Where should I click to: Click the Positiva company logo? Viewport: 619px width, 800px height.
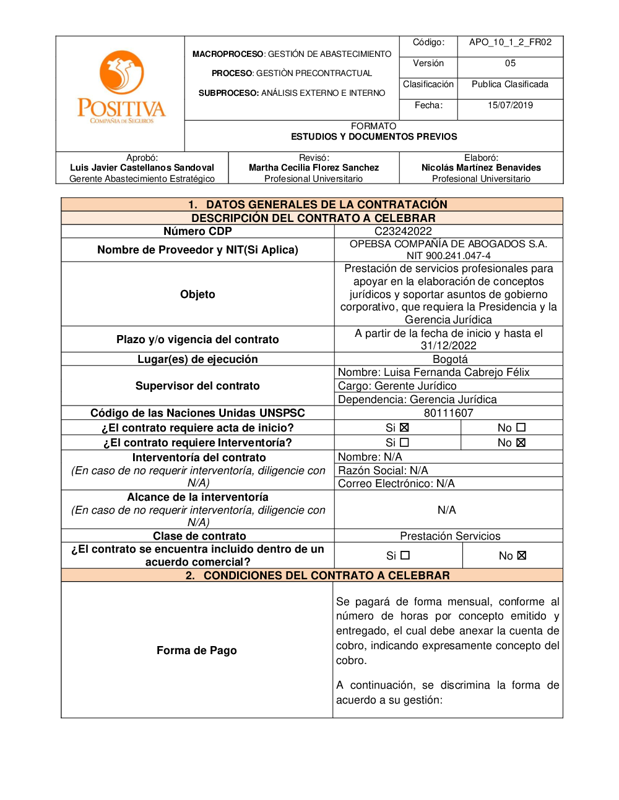point(121,87)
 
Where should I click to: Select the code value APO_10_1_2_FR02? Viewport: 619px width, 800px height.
point(510,42)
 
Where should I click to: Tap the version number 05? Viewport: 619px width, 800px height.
point(510,63)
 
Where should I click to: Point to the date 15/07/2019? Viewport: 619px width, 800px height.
point(510,105)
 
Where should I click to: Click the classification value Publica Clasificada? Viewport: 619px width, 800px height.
point(510,84)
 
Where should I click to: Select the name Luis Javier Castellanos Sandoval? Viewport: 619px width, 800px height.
point(142,168)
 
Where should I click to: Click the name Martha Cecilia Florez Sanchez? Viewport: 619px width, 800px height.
point(314,168)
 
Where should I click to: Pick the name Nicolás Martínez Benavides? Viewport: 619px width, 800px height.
point(481,168)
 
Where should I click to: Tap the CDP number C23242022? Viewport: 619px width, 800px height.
point(403,231)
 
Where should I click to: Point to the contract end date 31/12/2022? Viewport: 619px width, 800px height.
point(448,346)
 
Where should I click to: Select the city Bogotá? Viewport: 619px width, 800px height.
point(450,359)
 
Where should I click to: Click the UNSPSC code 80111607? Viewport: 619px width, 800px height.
point(448,413)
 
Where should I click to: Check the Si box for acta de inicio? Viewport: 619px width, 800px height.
point(404,428)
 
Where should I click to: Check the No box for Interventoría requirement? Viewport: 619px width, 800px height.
point(521,443)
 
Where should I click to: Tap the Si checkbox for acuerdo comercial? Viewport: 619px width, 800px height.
point(405,556)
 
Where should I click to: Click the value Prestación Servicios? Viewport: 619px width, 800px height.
point(450,536)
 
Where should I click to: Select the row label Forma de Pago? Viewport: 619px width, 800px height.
point(197,650)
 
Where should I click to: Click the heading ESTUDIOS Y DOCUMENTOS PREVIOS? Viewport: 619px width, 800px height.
point(374,137)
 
